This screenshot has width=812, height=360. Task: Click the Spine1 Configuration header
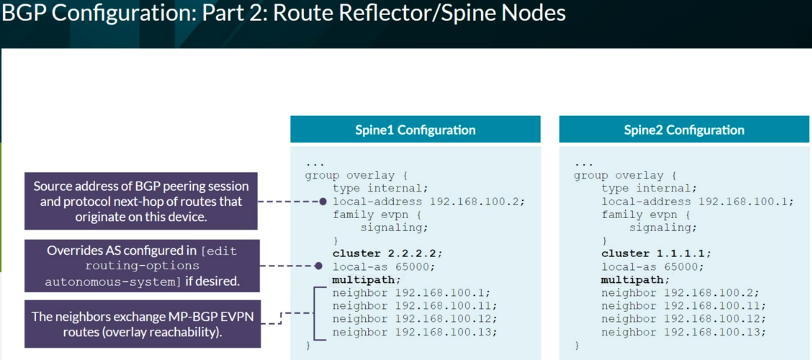[415, 129]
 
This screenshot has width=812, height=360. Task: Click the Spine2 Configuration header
[684, 129]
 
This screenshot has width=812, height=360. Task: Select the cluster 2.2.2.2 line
[387, 253]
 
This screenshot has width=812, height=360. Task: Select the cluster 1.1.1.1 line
[656, 253]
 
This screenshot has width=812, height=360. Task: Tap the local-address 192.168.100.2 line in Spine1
[428, 201]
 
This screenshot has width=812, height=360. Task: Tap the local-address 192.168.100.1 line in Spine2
[697, 201]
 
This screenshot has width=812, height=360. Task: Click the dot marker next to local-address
[323, 201]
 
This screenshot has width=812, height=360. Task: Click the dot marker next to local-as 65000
[319, 266]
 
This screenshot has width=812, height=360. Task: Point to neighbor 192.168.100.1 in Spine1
[411, 292]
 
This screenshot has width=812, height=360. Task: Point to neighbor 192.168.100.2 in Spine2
[680, 292]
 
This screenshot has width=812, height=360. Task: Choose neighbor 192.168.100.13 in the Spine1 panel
[415, 332]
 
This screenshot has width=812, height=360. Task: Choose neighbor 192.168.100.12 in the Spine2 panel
[683, 319]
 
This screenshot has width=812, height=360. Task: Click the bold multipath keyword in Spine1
[363, 280]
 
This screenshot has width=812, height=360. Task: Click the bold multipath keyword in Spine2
[632, 280]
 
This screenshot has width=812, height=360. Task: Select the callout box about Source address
[141, 201]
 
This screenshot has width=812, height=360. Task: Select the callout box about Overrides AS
[142, 266]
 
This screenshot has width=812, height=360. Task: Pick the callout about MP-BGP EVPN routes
[143, 324]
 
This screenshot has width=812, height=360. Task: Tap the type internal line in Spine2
[649, 188]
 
